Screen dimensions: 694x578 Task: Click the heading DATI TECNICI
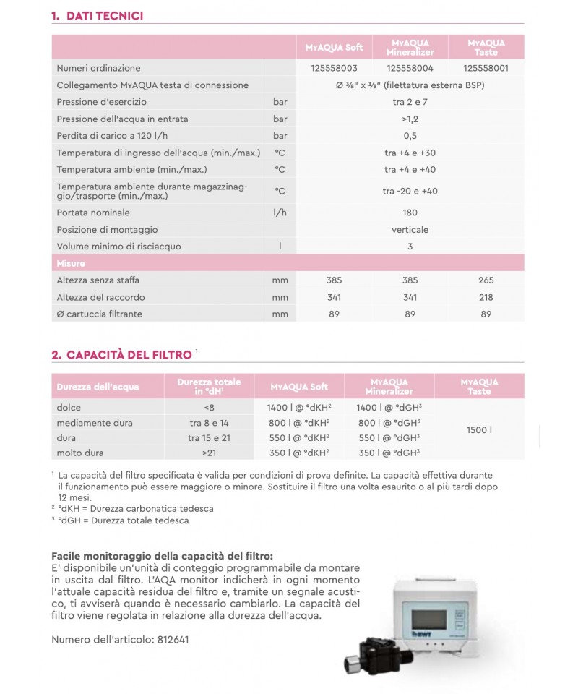point(103,14)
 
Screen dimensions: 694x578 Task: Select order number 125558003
point(334,67)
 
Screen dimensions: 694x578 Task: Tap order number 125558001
point(486,67)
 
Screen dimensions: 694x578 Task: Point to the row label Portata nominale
point(93,213)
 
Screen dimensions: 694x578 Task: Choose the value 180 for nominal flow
point(410,213)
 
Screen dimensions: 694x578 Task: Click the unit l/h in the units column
point(280,213)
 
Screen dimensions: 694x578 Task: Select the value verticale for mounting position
point(410,229)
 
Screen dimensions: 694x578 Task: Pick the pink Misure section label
point(70,263)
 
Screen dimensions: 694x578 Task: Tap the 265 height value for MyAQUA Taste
point(486,280)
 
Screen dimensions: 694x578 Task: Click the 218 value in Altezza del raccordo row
point(486,297)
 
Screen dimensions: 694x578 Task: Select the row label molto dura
point(79,453)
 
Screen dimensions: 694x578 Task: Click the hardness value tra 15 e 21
point(208,438)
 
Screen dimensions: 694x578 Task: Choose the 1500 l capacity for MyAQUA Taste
point(479,430)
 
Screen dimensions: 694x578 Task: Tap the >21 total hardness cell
point(208,453)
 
